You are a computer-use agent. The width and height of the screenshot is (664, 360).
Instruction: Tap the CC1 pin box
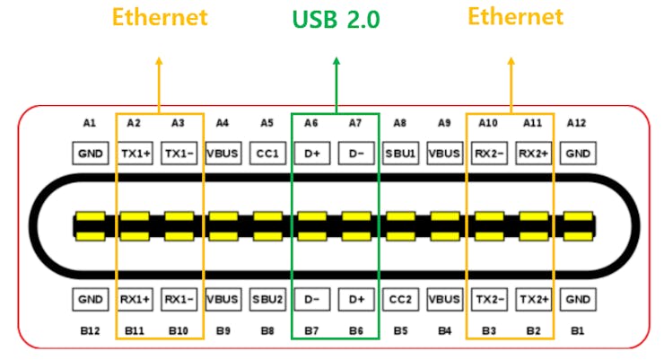pyautogui.click(x=267, y=154)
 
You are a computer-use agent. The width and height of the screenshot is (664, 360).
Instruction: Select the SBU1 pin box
pyautogui.click(x=400, y=154)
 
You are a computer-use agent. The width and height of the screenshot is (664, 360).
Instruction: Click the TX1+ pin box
pyautogui.click(x=135, y=154)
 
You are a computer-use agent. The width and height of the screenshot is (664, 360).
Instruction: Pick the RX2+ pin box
pyautogui.click(x=533, y=154)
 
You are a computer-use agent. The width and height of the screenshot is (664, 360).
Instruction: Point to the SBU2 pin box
pyautogui.click(x=267, y=298)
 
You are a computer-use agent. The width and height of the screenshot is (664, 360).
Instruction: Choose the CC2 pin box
pyautogui.click(x=400, y=298)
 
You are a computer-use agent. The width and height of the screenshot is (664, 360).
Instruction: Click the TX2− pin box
pyautogui.click(x=489, y=298)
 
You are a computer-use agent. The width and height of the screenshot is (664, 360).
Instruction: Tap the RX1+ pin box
pyautogui.click(x=135, y=298)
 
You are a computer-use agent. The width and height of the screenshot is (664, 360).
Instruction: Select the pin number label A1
pyautogui.click(x=89, y=123)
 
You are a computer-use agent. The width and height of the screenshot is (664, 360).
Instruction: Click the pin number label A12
pyautogui.click(x=578, y=123)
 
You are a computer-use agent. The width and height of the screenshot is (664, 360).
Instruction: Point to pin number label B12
pyautogui.click(x=89, y=330)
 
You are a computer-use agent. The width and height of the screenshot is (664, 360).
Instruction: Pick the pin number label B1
pyautogui.click(x=578, y=330)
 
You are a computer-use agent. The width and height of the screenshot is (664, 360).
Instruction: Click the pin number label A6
pyautogui.click(x=312, y=123)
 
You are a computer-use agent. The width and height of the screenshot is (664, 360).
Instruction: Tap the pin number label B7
pyautogui.click(x=312, y=330)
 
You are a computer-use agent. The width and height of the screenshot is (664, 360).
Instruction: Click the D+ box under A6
pyautogui.click(x=312, y=154)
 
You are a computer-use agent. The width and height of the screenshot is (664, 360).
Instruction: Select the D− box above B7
pyautogui.click(x=312, y=298)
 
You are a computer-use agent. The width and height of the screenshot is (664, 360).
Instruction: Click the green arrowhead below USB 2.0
pyautogui.click(x=336, y=61)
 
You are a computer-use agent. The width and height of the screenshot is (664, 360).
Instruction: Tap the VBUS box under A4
pyautogui.click(x=223, y=154)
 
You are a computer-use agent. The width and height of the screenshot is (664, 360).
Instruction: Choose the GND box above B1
pyautogui.click(x=578, y=298)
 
